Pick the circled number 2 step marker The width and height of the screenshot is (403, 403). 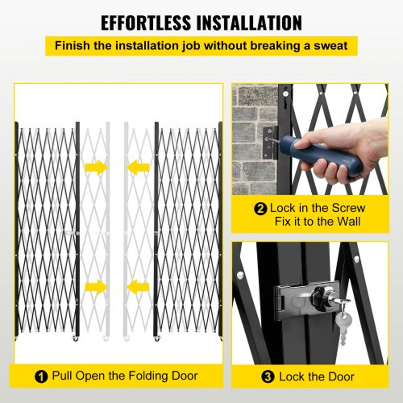coord(261,209)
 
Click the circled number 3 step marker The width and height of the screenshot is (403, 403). coord(267,378)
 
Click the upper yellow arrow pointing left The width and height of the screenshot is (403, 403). coord(138,167)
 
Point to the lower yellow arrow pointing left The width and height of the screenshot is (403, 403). coord(138,287)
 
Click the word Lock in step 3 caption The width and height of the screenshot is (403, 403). coord(291,377)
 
